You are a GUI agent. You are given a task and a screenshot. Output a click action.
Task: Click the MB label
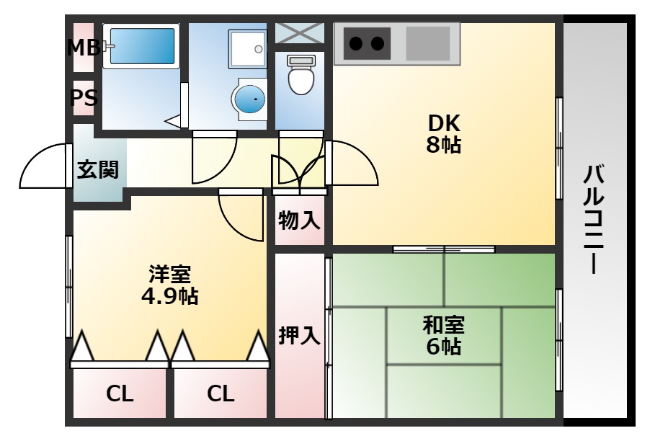(x=83, y=48)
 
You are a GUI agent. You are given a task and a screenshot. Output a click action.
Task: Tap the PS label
(x=84, y=98)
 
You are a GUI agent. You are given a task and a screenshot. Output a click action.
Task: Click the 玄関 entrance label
(x=98, y=171)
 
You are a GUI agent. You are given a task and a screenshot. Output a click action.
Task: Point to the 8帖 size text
(x=443, y=145)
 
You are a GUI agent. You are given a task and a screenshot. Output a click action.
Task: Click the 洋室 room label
(x=169, y=275)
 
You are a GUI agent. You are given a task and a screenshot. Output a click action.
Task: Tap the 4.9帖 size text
(x=169, y=296)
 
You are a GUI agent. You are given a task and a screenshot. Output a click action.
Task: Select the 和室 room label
(x=443, y=324)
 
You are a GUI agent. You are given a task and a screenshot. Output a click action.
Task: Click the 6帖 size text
(x=443, y=347)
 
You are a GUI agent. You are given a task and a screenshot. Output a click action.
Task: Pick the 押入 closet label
(x=299, y=336)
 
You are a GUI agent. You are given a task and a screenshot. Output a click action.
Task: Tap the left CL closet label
(x=120, y=393)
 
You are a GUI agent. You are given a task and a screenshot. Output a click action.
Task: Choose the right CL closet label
(x=221, y=393)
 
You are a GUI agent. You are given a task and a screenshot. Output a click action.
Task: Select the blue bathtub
(x=141, y=46)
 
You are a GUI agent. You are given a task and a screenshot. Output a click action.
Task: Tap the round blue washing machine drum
(x=249, y=99)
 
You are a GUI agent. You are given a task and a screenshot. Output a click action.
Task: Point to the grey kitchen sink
(x=428, y=43)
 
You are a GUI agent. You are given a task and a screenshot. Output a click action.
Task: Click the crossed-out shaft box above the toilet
(x=300, y=32)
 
